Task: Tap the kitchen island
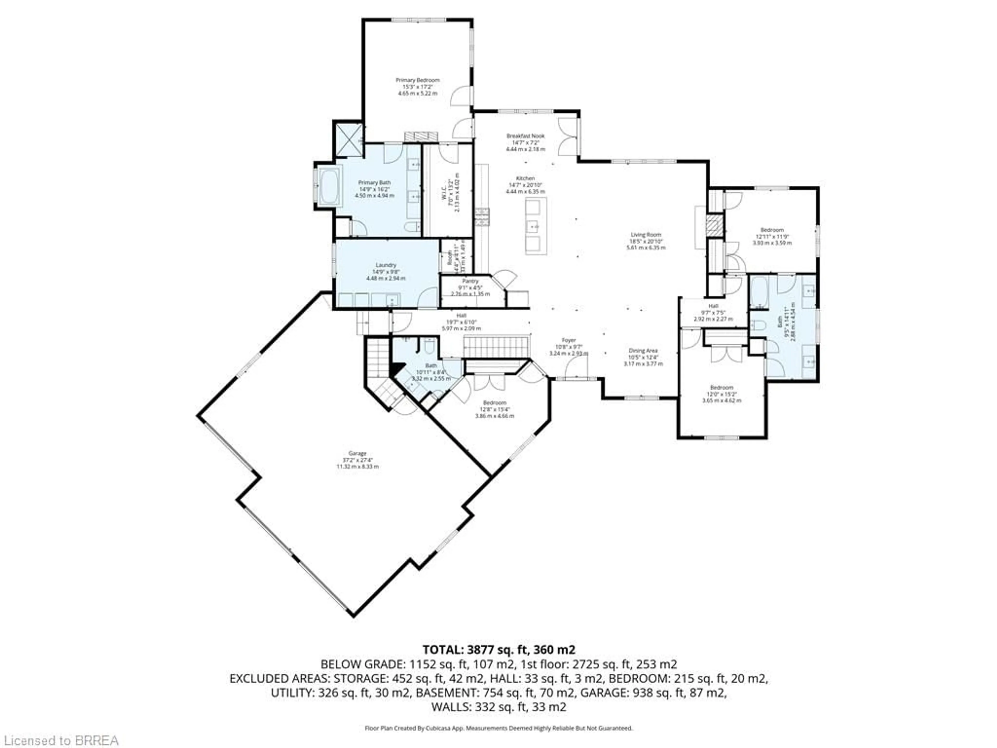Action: tap(536, 225)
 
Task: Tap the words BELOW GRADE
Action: tap(362, 664)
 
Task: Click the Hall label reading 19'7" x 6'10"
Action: tap(461, 322)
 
